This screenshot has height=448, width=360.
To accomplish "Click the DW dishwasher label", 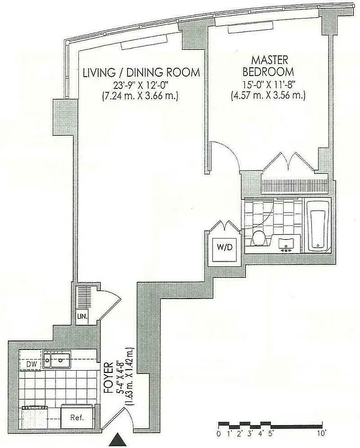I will [31, 364].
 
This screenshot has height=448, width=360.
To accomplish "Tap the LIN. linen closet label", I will [82, 318].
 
